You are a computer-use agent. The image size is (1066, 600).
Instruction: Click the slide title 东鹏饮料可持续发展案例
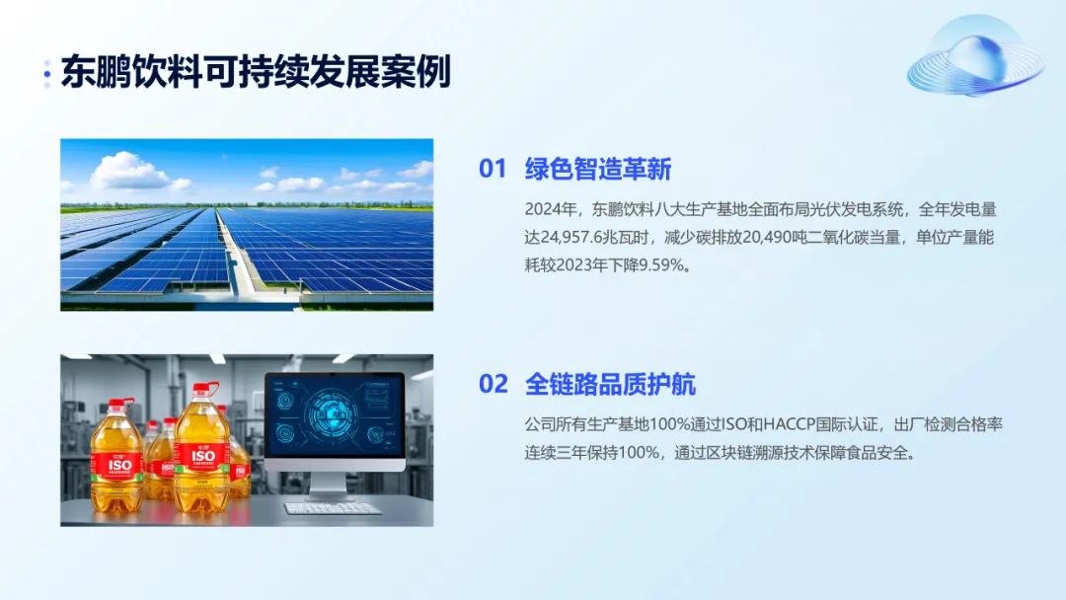(256, 72)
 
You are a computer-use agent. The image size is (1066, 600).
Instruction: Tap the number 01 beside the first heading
(493, 169)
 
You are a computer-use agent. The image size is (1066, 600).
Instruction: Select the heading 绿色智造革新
(598, 169)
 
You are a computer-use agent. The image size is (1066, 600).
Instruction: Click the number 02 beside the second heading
(494, 384)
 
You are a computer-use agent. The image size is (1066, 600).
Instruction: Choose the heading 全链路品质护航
(611, 385)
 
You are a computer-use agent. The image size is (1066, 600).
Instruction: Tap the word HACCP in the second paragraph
(790, 424)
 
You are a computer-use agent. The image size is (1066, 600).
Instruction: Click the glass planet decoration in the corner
(976, 59)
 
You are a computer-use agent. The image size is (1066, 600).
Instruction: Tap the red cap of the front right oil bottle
(202, 390)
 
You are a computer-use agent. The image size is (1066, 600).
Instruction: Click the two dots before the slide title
(47, 74)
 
